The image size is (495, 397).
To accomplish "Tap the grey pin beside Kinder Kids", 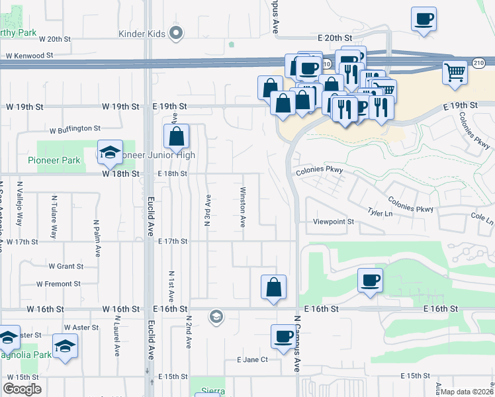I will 175,32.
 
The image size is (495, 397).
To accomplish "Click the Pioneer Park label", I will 54,160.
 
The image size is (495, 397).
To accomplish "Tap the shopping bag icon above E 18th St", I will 177,137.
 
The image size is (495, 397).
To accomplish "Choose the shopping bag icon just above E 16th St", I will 273,287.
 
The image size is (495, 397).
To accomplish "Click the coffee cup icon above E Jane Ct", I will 284,337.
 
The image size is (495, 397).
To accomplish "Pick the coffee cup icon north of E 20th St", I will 424,19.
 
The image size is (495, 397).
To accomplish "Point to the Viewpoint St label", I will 334,222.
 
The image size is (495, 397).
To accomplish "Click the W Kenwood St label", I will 26,56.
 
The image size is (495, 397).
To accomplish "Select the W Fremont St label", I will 58,284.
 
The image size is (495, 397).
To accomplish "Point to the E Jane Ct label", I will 252,360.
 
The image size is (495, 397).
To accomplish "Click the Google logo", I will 22,389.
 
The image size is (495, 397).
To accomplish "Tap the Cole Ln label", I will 482,219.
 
